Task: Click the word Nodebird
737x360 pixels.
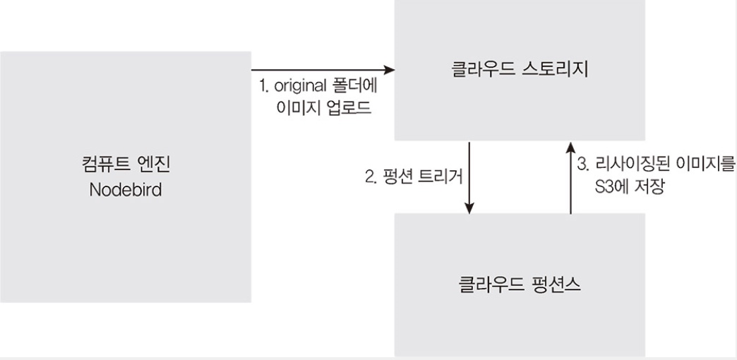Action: coord(125,191)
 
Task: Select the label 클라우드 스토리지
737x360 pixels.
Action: coord(520,71)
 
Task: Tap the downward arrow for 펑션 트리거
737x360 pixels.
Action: coord(469,176)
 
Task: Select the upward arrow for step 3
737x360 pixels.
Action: coord(570,176)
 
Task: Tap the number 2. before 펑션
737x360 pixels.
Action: coord(370,176)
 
